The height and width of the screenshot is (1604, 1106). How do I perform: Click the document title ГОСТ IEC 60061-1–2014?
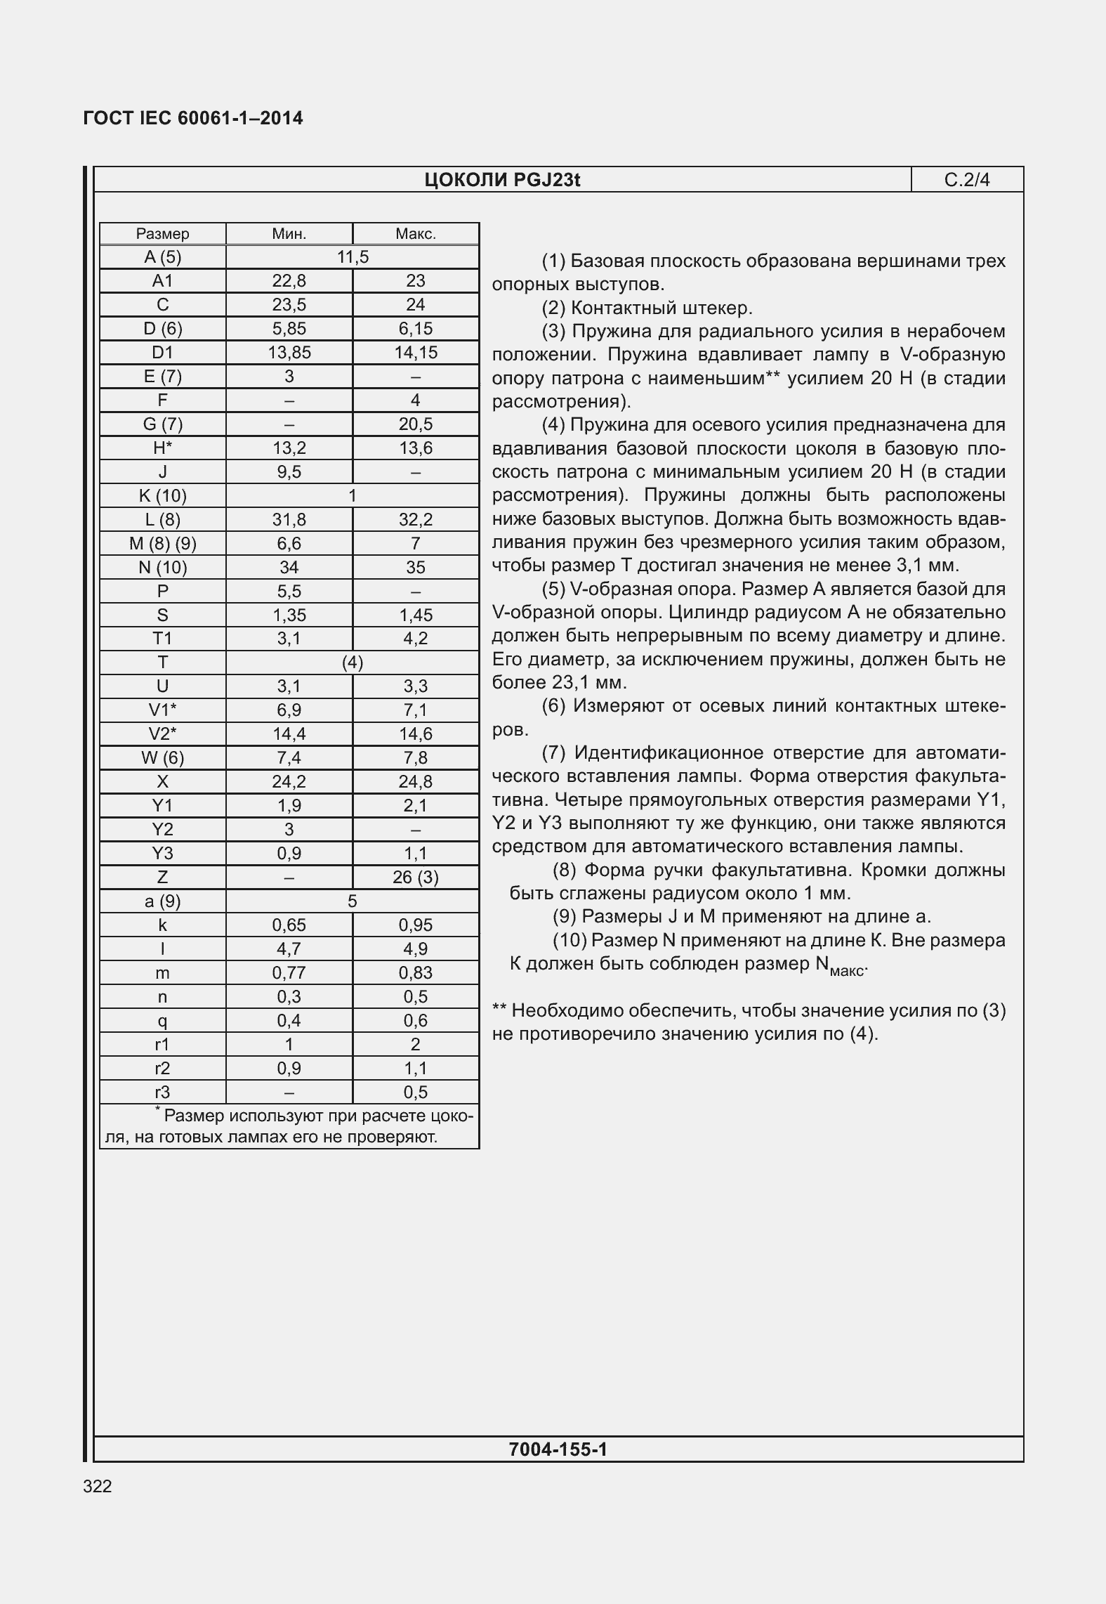click(x=193, y=118)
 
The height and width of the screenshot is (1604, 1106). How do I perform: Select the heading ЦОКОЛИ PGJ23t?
click(x=502, y=181)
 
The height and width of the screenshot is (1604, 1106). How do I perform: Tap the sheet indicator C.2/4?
click(x=967, y=181)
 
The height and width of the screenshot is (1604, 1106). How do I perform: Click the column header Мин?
click(x=289, y=234)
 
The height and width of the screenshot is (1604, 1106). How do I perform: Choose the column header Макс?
click(x=416, y=234)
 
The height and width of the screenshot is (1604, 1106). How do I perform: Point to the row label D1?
click(x=162, y=352)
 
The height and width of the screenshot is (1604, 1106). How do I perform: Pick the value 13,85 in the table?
click(x=289, y=352)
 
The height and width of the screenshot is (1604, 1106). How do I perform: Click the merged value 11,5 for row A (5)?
click(x=353, y=257)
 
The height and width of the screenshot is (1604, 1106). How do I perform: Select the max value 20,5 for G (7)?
click(x=416, y=424)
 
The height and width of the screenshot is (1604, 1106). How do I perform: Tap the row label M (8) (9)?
click(x=162, y=543)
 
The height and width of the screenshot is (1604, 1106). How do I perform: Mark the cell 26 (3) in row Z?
click(x=416, y=878)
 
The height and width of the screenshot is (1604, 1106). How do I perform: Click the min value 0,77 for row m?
click(x=289, y=973)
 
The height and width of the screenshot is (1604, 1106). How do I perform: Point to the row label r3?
click(x=162, y=1093)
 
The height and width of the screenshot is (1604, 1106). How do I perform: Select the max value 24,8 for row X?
click(x=416, y=782)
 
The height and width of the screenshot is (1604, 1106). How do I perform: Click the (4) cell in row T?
click(x=353, y=663)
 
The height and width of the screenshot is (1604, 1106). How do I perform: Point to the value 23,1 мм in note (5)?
click(x=594, y=683)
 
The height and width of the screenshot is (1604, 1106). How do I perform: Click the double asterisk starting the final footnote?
click(x=499, y=1011)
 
